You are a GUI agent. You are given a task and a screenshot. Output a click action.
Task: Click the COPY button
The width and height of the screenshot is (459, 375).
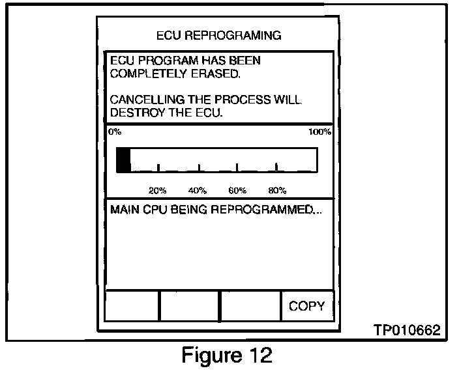[x=306, y=306]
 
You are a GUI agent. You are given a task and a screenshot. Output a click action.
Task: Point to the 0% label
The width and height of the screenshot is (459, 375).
[x=115, y=132]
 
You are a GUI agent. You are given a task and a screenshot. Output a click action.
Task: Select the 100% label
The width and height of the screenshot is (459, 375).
[x=319, y=132]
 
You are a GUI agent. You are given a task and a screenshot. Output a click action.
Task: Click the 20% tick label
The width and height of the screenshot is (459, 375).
[x=158, y=191]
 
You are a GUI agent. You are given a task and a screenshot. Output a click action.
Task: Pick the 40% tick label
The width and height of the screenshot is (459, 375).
[x=198, y=191]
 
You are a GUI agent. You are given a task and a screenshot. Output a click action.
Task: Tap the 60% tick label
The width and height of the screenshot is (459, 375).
[x=237, y=191]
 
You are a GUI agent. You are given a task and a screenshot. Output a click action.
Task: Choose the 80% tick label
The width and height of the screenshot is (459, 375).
[x=277, y=191]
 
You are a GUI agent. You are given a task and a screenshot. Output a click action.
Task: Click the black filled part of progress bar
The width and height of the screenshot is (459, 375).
[x=123, y=160]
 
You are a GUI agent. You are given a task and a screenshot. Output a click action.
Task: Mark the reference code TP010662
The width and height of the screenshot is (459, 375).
[x=407, y=331]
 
